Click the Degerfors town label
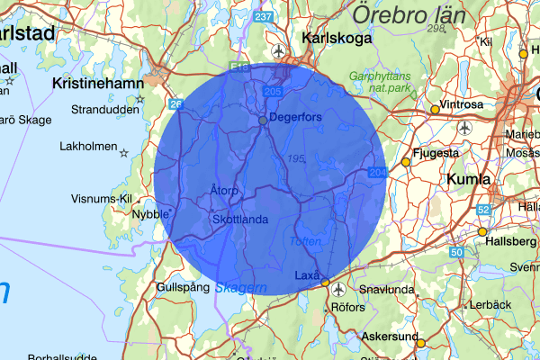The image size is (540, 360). point(296,119)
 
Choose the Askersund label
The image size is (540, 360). point(389,337)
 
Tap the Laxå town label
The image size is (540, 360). point(308,274)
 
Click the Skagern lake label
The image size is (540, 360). point(240,288)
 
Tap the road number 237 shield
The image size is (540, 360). point(264,17)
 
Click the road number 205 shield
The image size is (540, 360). point(274,92)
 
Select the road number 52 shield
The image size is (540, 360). point(484,210)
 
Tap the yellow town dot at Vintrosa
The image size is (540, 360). point(436,110)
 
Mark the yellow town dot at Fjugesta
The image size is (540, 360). point(406,162)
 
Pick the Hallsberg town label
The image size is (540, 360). point(510,242)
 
